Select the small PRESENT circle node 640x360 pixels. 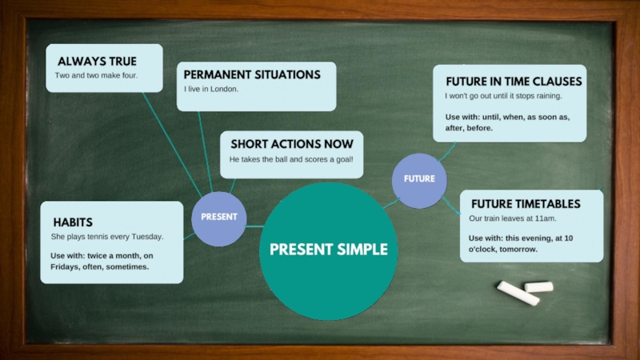218,217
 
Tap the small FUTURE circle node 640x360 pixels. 418,179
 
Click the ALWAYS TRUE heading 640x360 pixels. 97,62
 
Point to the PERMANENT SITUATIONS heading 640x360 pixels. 252,74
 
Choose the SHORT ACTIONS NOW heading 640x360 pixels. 291,144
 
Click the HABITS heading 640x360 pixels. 73,222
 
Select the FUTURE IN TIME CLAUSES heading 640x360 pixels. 514,82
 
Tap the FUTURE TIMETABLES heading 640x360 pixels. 525,203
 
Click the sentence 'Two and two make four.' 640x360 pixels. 96,75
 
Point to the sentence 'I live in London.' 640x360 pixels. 211,89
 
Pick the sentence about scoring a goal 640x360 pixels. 290,159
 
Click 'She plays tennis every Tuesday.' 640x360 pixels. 106,237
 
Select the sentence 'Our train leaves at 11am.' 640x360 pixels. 512,218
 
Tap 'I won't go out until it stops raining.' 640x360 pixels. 503,96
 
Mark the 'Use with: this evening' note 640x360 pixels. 520,243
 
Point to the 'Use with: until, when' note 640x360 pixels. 507,122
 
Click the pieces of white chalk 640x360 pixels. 524,291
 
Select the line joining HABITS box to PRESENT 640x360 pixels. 188,236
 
